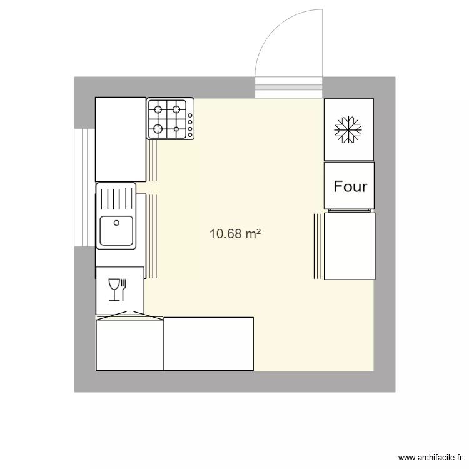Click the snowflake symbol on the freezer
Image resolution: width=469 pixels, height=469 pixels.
tap(348, 129)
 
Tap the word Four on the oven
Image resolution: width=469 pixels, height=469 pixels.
tap(350, 186)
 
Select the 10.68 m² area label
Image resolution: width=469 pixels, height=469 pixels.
tap(234, 234)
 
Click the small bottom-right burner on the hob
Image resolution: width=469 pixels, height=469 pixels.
tap(177, 129)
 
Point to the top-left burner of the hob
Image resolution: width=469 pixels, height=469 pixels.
tap(159, 109)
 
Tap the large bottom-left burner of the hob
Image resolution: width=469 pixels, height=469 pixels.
tap(159, 129)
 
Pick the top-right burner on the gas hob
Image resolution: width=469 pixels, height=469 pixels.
tap(177, 109)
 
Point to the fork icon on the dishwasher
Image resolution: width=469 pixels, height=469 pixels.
tap(124, 288)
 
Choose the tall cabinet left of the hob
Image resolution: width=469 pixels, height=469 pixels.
tap(120, 139)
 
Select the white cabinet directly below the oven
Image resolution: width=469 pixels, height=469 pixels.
tap(350, 246)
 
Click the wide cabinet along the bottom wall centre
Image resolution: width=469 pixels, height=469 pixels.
tap(208, 343)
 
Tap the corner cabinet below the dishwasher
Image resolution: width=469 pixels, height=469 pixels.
tap(129, 345)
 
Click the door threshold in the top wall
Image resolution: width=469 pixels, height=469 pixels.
tap(289, 88)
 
